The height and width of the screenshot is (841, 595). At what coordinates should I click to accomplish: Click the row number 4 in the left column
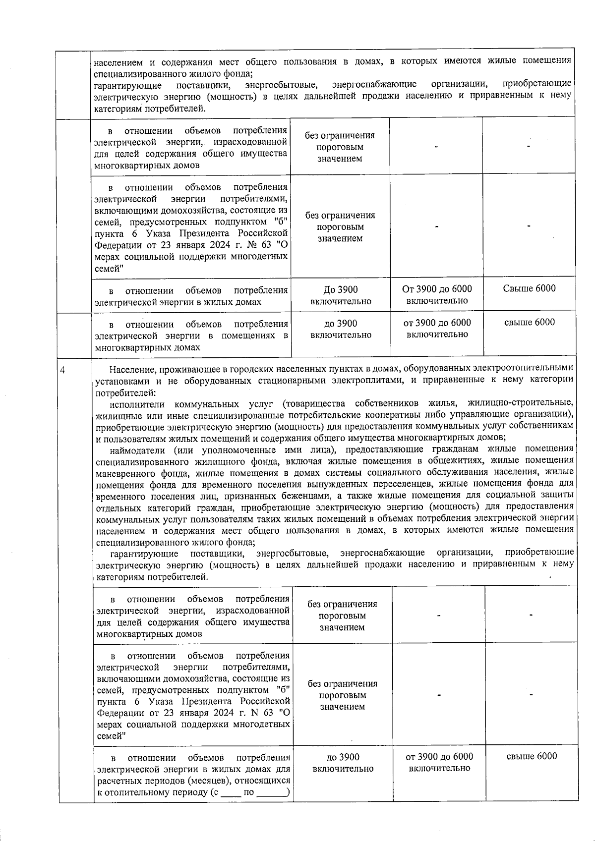tap(62, 369)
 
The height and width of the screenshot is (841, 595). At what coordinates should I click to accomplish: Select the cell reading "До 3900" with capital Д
tap(340, 289)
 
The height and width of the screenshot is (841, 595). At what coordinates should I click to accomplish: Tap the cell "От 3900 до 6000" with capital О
tap(437, 288)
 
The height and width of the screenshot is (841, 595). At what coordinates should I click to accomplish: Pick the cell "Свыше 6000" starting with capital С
tap(529, 288)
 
